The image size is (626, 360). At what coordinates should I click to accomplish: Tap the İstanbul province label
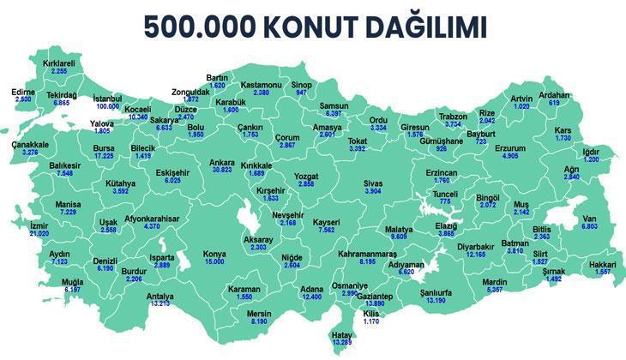108,98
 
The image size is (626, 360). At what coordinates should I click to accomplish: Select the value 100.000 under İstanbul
108,106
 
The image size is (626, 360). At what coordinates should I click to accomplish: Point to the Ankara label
222,160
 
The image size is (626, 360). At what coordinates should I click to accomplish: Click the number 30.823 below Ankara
222,170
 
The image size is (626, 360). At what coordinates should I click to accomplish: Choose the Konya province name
214,254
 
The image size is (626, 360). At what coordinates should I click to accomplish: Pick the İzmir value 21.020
39,232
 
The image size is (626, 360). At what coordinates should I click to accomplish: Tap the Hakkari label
604,265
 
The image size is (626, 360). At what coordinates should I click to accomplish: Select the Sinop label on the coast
302,84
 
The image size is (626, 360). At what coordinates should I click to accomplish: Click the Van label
589,218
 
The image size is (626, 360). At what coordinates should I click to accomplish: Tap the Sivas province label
372,183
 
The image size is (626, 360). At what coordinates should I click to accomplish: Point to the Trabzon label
452,116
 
